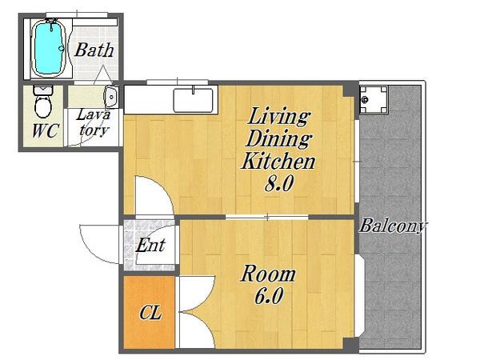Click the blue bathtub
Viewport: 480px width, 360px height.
[48, 47]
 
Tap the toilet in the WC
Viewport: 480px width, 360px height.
[43, 102]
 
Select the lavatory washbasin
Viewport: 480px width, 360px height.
[111, 97]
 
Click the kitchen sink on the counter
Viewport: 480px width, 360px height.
[193, 100]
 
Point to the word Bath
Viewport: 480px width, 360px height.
[94, 50]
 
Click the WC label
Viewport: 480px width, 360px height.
[45, 131]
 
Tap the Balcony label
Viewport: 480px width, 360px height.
[392, 226]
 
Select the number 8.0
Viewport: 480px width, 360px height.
[279, 184]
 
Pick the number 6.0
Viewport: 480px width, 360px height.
[269, 296]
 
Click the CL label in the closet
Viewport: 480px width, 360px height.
[150, 313]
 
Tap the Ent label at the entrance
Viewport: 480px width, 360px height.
[150, 246]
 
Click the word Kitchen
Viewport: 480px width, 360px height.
[278, 162]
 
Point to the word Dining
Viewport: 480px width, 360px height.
[278, 139]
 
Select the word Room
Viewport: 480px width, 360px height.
[268, 274]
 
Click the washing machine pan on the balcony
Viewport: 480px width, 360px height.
[374, 99]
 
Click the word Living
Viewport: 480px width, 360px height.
[278, 117]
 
